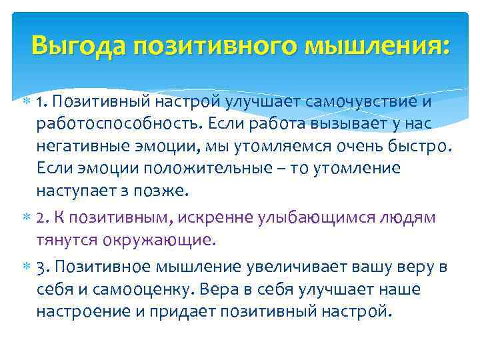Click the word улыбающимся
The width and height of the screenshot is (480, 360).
point(307,217)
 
